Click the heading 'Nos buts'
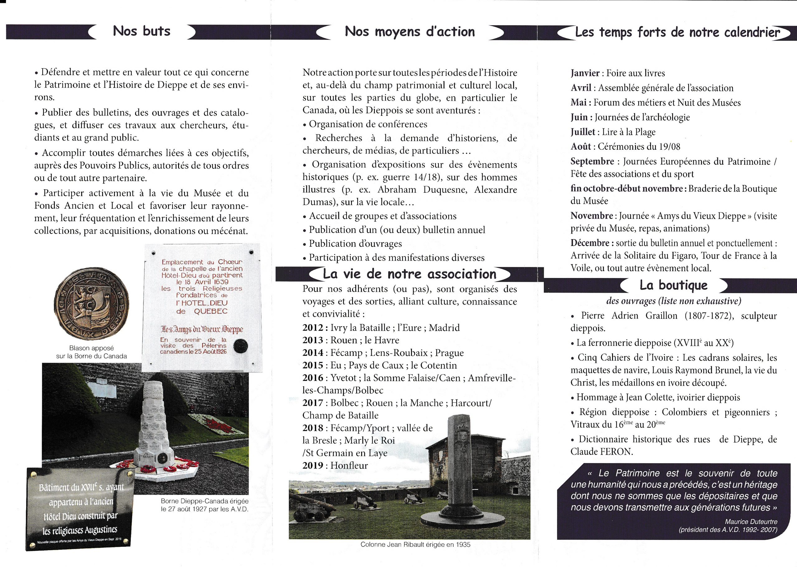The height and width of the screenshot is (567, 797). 141,31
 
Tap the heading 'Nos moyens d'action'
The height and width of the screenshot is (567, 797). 409,32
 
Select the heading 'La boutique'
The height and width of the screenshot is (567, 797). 673,285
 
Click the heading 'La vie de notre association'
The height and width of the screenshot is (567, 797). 409,274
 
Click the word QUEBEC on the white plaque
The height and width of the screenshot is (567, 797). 210,311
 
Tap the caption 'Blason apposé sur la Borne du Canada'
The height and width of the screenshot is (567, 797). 92,352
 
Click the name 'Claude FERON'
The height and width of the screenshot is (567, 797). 601,452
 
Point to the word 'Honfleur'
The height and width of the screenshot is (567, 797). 349,465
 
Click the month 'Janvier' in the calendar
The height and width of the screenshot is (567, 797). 585,73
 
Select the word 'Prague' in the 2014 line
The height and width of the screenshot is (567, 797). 449,353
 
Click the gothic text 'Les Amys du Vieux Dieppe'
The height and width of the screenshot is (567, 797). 202,329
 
